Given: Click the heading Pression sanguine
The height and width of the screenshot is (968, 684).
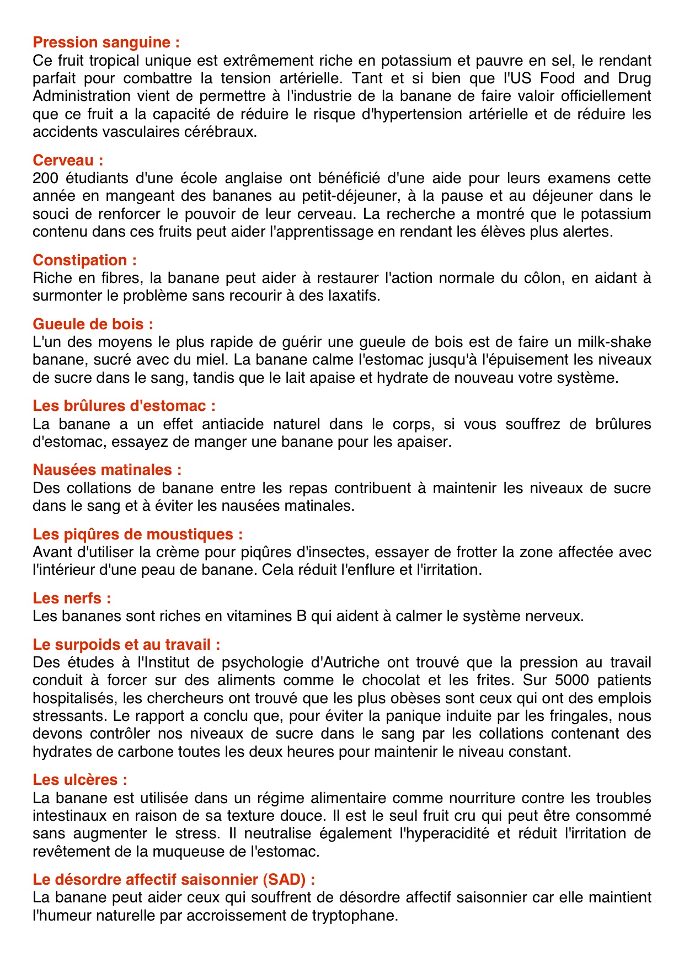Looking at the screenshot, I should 106,42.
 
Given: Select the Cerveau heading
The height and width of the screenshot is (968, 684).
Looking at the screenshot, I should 68,161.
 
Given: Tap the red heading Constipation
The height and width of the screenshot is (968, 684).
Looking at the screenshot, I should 84,260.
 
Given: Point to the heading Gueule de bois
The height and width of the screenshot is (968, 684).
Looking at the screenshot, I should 93,324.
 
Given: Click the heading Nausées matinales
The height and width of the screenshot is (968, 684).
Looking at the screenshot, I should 107,470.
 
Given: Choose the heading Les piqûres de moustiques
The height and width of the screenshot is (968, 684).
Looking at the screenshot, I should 137,534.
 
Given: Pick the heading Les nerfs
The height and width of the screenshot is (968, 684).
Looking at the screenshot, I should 72,598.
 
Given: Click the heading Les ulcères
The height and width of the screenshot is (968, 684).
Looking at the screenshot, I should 80,780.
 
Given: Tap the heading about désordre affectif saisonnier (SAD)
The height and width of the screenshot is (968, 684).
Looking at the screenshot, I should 174,880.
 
